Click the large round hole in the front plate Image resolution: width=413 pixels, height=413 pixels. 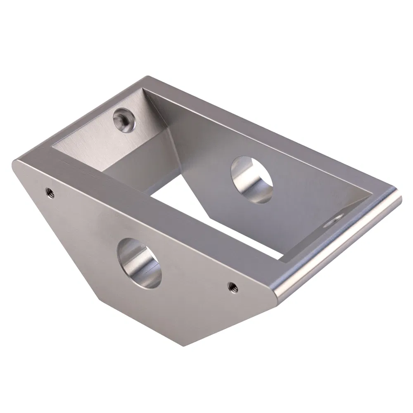[x=139, y=263]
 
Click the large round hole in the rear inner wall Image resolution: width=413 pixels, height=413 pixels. [x=252, y=180]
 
